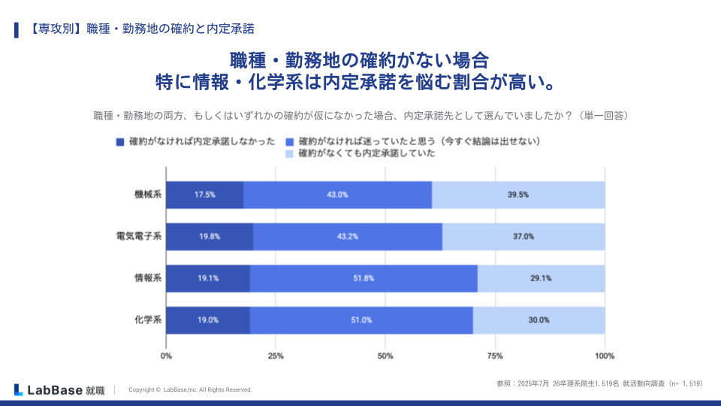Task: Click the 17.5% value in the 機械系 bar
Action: click(204, 195)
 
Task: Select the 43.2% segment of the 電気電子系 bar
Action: click(348, 237)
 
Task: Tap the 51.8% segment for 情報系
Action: click(364, 278)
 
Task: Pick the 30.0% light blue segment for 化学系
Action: click(538, 320)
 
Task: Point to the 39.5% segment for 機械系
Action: click(518, 195)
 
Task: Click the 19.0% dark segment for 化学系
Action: click(208, 320)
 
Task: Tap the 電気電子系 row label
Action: click(139, 237)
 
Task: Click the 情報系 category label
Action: click(148, 278)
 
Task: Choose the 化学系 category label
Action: click(148, 320)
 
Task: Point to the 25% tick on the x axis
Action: click(276, 356)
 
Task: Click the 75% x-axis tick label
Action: click(495, 356)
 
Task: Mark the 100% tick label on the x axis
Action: click(605, 356)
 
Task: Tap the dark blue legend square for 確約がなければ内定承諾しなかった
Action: click(120, 141)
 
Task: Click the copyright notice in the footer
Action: click(190, 389)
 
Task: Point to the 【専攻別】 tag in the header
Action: click(53, 29)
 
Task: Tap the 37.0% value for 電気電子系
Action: click(523, 237)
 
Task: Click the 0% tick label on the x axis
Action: click(167, 356)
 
